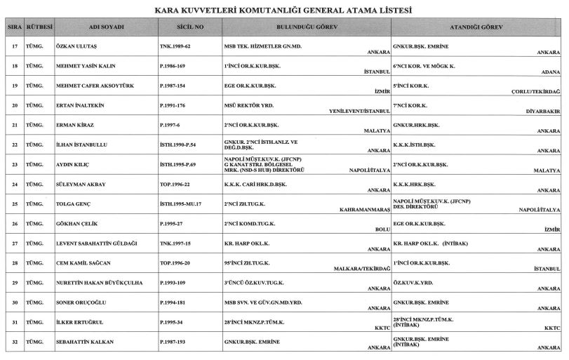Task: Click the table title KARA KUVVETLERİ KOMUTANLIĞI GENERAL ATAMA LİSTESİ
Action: [283, 12]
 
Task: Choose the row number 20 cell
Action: [13, 105]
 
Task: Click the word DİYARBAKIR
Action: [543, 110]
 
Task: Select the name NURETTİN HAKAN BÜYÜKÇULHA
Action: [99, 281]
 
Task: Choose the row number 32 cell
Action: [13, 340]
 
